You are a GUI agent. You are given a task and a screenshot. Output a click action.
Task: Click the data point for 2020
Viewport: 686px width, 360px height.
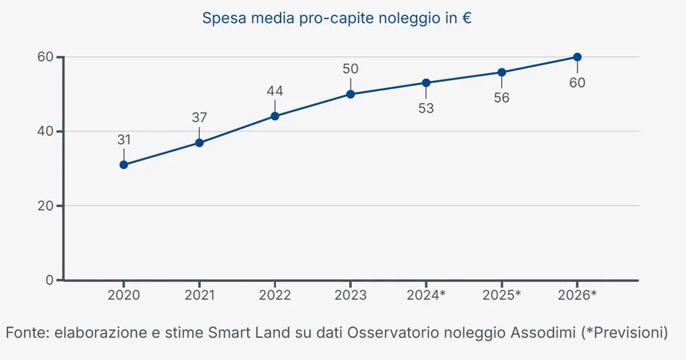point(123,165)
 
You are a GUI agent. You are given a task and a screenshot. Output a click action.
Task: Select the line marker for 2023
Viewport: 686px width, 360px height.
point(351,94)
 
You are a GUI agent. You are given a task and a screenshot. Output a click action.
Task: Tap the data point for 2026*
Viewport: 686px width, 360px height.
point(577,57)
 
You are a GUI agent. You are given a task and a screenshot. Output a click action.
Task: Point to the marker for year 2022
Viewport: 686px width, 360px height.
point(275,116)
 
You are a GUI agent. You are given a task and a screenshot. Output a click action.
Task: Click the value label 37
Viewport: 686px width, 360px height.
point(199,117)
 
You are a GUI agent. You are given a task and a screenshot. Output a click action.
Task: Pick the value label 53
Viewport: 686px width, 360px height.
point(426,108)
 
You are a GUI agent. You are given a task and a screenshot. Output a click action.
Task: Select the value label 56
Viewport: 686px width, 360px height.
point(501,98)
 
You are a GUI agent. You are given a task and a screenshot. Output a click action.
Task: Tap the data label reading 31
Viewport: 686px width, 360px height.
point(123,140)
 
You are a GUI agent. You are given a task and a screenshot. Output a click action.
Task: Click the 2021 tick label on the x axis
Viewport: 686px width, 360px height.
point(199,296)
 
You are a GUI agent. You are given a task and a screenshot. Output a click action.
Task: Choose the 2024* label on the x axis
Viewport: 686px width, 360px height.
point(426,296)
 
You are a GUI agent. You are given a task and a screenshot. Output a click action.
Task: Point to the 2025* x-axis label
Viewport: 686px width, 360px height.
point(501,296)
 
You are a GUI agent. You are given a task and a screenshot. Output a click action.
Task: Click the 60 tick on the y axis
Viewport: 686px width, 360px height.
point(45,57)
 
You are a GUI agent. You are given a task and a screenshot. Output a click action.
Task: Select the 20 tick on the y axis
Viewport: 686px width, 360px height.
point(45,206)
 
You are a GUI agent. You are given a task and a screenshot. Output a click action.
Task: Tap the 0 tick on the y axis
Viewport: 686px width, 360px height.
point(49,280)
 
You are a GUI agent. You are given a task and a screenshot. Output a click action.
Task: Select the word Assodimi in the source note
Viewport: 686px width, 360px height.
point(541,333)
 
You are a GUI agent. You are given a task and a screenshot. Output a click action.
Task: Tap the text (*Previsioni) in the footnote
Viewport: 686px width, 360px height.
point(624,333)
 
